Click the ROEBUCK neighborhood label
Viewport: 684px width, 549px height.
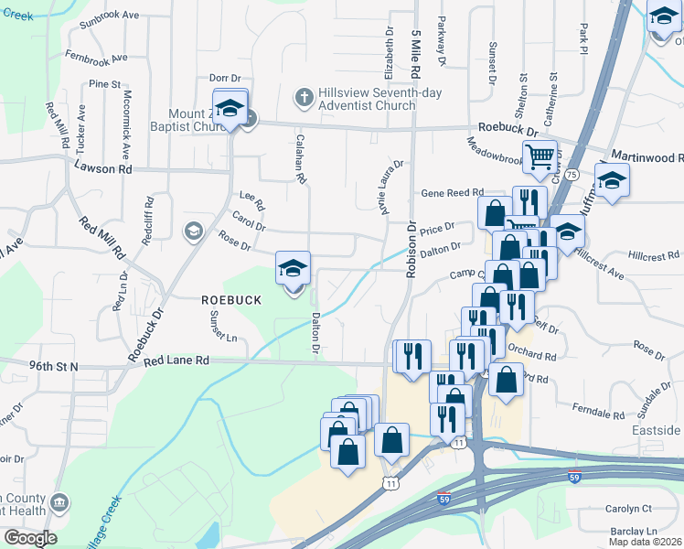tap(231, 299)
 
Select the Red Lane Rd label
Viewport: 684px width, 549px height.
tap(177, 361)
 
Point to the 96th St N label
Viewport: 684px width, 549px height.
tap(54, 366)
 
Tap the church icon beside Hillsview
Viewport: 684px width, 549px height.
tap(304, 94)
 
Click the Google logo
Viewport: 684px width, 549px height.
tap(29, 538)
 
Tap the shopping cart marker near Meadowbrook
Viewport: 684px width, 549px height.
tap(540, 157)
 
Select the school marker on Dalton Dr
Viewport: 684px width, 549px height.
tap(294, 268)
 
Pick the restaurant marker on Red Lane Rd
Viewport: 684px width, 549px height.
tap(411, 354)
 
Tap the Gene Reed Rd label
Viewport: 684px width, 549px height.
tap(451, 193)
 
